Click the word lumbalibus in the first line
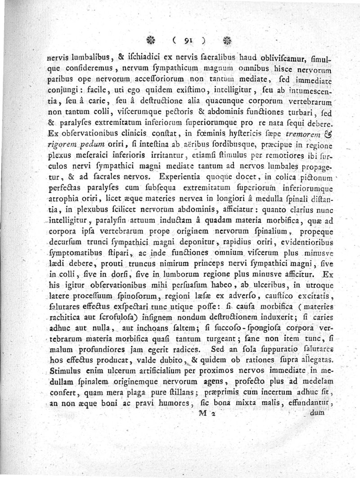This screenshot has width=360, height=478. point(89,58)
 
